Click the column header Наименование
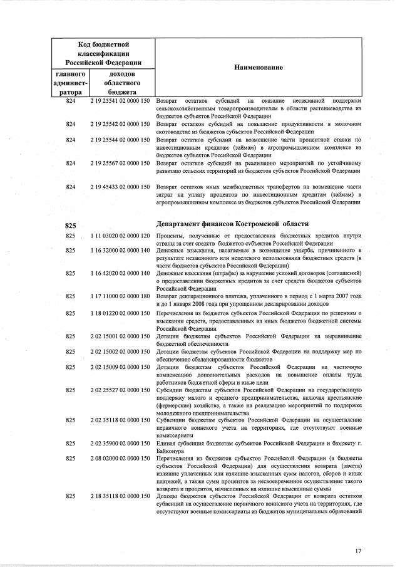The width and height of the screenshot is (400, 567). pos(259,67)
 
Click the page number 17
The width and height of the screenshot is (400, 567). pos(358,551)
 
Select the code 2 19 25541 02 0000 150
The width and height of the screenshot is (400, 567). pos(120,101)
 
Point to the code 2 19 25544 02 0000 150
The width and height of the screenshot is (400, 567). pos(120,140)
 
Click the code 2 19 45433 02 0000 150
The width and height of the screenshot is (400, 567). pos(120,187)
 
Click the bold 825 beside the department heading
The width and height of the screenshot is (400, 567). pos(70,225)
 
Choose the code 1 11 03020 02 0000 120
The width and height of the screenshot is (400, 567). pos(120,236)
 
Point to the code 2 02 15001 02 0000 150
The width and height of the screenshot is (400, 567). pos(120,336)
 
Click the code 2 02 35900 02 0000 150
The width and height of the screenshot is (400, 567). pos(120,443)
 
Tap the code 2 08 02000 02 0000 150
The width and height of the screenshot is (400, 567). pos(120,459)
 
